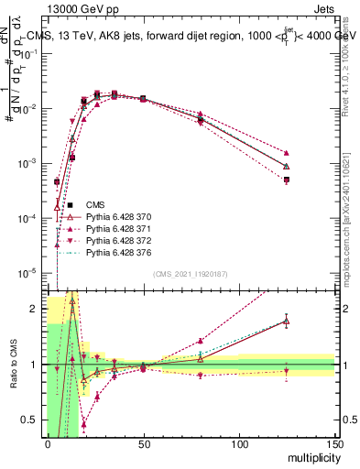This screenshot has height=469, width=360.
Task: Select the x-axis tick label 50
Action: [x=143, y=443]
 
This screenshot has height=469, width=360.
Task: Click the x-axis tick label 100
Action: [x=239, y=443]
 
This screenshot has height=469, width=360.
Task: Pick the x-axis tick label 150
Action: [x=334, y=443]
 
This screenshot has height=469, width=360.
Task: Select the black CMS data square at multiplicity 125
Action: [x=287, y=180]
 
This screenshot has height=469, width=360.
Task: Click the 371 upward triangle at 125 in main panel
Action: [x=287, y=153]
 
